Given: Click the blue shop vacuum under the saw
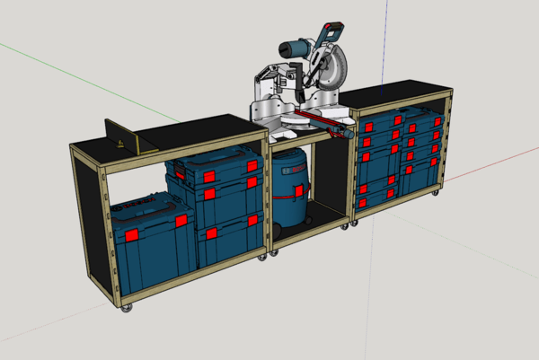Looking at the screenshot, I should pyautogui.click(x=290, y=184).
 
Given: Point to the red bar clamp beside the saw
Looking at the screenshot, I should pyautogui.click(x=320, y=122).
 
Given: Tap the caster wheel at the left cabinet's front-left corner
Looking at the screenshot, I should pyautogui.click(x=127, y=309).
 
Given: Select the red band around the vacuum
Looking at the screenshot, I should pyautogui.click(x=290, y=191).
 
